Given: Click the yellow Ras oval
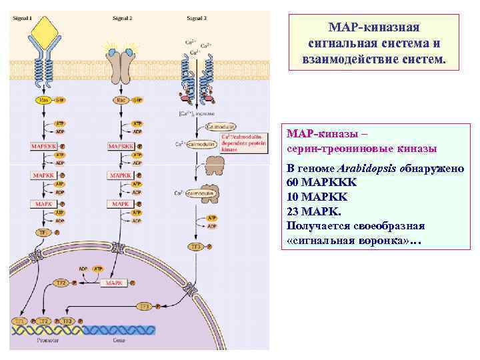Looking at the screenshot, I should click(x=44, y=100).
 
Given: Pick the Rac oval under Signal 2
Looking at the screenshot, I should click(x=121, y=100).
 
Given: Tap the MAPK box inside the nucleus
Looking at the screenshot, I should click(x=114, y=283).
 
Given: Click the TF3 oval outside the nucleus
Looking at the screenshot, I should click(x=195, y=246).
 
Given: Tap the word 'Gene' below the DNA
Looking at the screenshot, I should click(x=119, y=339).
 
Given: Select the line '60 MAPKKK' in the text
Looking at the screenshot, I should click(x=321, y=181).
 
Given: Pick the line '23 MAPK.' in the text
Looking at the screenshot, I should click(x=314, y=211).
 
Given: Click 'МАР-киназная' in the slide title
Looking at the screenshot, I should click(x=374, y=27).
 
